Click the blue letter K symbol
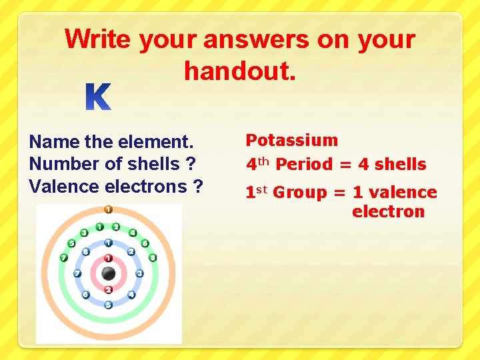click(98, 98)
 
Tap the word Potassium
click(291, 140)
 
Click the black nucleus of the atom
click(108, 273)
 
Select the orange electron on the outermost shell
click(108, 209)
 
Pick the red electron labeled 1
click(108, 257)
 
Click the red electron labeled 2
click(108, 289)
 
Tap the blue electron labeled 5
click(108, 305)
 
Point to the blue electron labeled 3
click(139, 273)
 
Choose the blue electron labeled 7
click(77, 273)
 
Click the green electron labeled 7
click(63, 257)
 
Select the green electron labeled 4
click(133, 233)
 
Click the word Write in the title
click(98, 39)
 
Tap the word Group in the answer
click(300, 193)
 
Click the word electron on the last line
click(388, 212)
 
